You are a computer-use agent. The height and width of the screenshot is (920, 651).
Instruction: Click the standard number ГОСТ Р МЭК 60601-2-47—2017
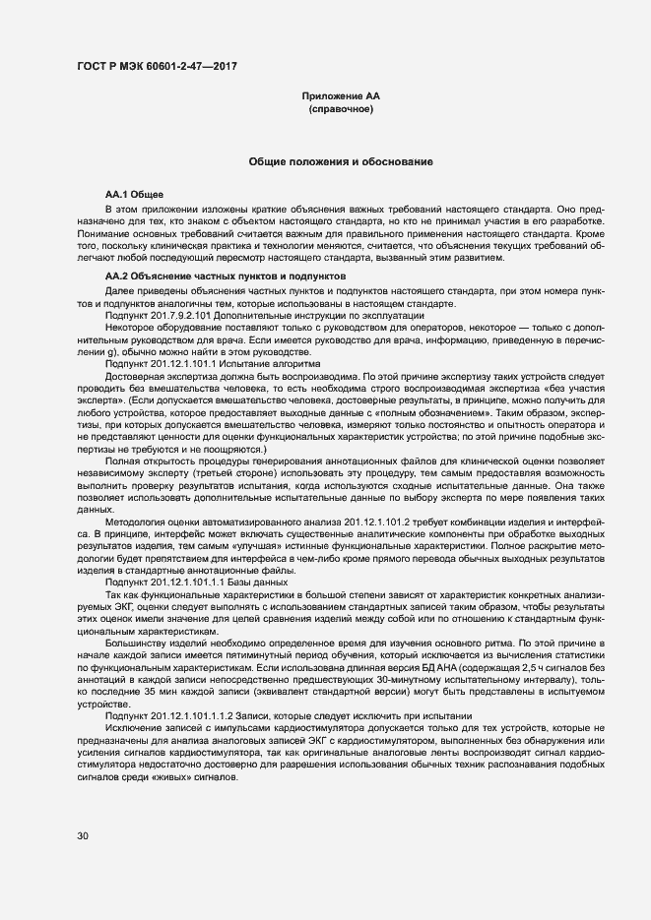click(x=157, y=67)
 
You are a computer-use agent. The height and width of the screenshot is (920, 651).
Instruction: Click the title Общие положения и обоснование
click(x=340, y=160)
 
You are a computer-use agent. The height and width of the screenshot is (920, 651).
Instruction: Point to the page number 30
click(x=83, y=835)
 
